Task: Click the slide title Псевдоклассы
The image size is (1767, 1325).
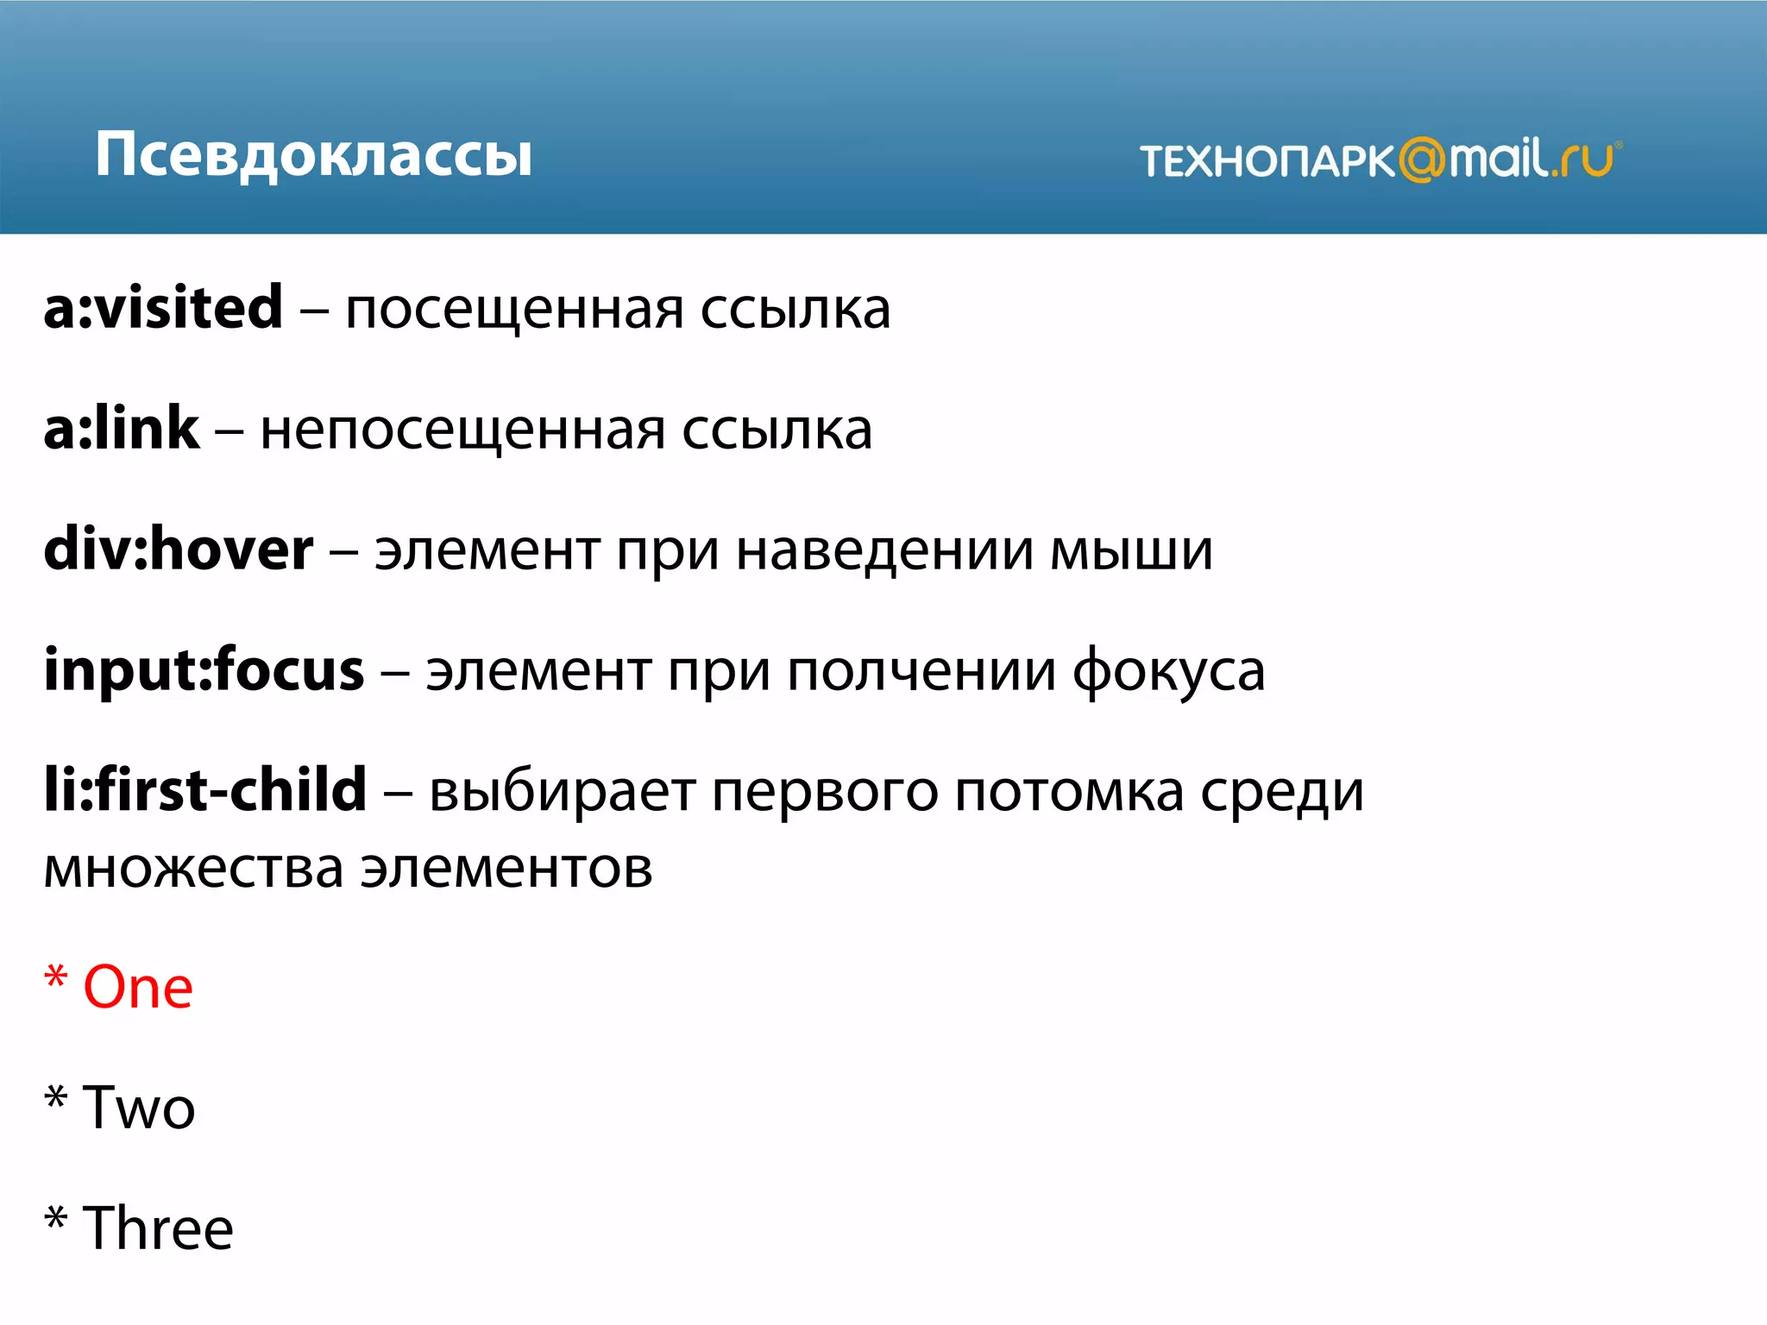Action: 313,155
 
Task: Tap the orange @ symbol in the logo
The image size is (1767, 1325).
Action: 1421,160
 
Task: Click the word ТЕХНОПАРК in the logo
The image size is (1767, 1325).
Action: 1267,161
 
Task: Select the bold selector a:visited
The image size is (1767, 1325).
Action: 163,308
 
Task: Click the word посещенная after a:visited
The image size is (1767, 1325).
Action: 513,311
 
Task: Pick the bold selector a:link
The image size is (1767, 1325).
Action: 121,429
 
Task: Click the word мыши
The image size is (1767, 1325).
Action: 1131,552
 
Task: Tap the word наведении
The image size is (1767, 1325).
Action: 884,552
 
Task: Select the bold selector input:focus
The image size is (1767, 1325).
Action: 204,670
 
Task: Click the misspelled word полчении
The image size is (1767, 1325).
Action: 921,673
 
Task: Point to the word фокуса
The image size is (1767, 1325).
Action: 1168,673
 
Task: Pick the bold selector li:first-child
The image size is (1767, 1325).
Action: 205,790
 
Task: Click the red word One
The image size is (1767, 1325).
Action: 138,988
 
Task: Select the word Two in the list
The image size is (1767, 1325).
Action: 139,1108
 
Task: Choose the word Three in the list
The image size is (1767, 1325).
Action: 158,1229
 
